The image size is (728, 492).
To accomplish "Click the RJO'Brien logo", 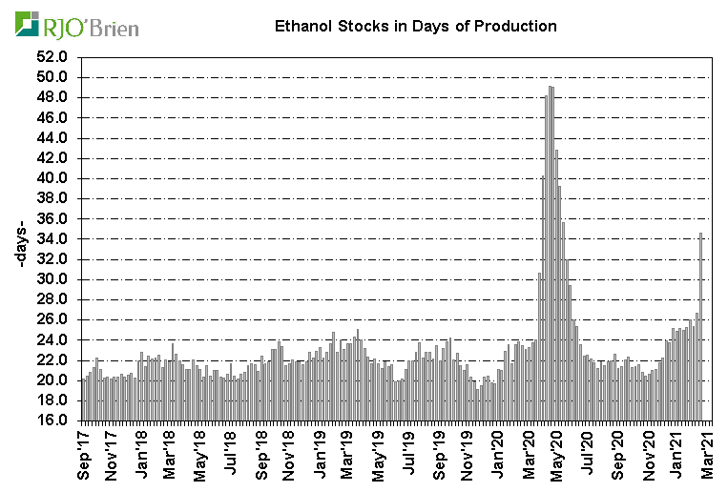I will (77, 26).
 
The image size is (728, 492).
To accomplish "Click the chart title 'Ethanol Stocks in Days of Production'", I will (409, 27).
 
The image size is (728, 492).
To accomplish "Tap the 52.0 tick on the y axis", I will (53, 57).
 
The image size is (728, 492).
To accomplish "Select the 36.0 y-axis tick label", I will (53, 218).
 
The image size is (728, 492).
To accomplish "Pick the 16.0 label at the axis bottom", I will (53, 420).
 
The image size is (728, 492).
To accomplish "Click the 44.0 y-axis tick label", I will (53, 138).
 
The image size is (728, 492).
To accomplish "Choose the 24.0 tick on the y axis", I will (53, 339).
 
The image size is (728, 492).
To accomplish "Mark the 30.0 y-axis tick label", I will (53, 279).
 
